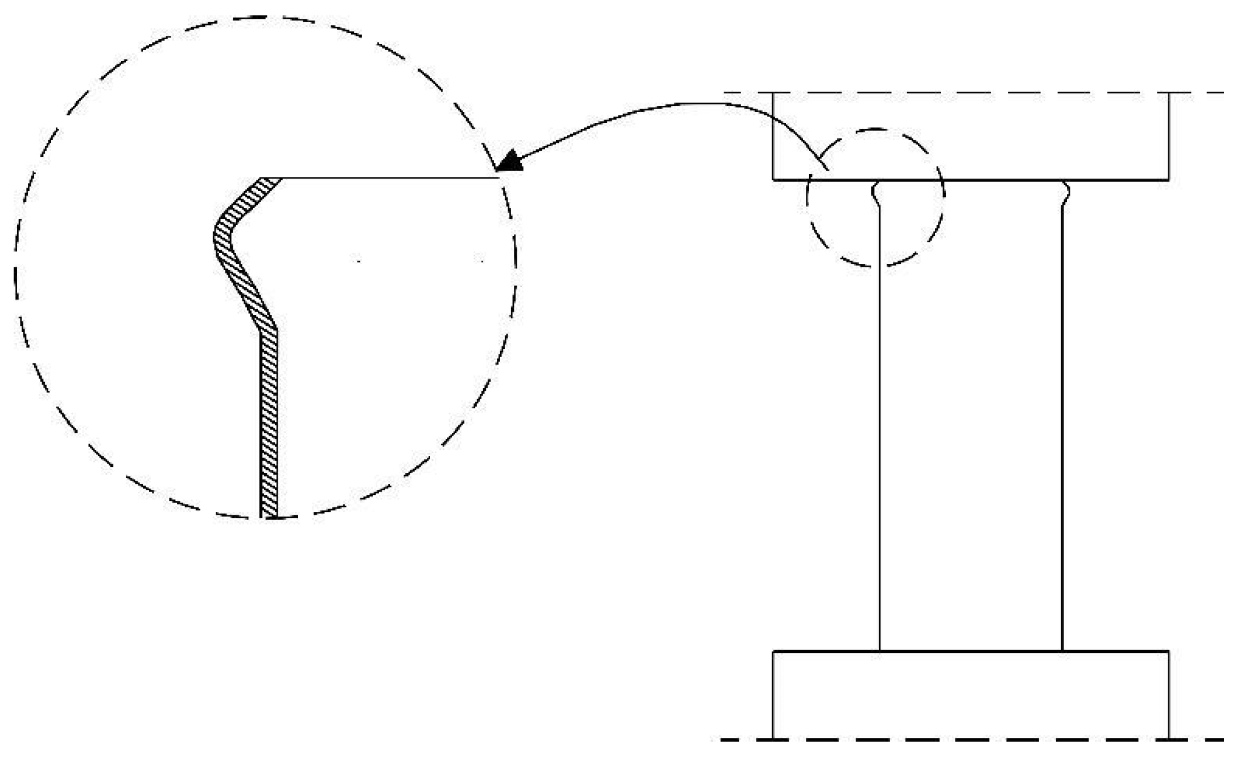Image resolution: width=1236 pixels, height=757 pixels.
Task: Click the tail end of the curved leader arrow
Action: click(x=827, y=169)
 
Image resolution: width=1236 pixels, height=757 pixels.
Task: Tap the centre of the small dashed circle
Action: click(x=876, y=197)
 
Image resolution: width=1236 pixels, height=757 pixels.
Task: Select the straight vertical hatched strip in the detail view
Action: click(x=269, y=421)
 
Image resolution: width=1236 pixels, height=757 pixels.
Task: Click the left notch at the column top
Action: click(x=875, y=194)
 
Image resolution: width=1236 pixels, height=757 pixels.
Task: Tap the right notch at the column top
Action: click(x=1066, y=194)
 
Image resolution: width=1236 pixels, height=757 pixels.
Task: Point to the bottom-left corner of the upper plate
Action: click(x=773, y=180)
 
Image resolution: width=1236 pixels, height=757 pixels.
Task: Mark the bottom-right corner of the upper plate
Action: click(x=1168, y=180)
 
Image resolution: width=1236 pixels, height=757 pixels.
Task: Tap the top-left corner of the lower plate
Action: click(x=773, y=651)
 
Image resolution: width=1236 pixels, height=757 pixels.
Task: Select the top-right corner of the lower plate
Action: click(x=1168, y=651)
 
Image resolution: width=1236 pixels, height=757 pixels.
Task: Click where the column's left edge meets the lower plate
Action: click(x=880, y=651)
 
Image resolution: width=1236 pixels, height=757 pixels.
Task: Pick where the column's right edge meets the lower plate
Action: click(x=1062, y=651)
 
